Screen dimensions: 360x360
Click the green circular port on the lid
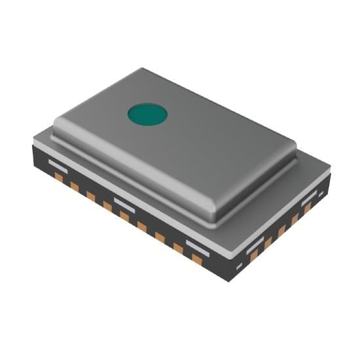click(x=147, y=114)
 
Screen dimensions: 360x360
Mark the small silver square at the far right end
click(x=321, y=194)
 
